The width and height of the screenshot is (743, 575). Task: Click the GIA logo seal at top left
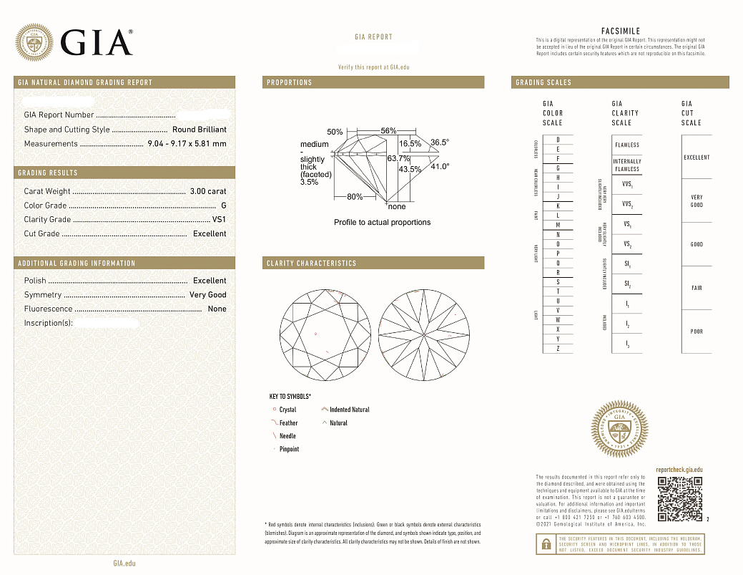pyautogui.click(x=34, y=43)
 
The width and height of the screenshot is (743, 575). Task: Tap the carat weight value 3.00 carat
pyautogui.click(x=207, y=191)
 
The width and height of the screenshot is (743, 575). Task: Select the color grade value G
pyautogui.click(x=223, y=206)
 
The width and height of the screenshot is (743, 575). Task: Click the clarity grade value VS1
pyautogui.click(x=219, y=220)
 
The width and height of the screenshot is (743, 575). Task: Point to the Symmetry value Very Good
pyautogui.click(x=207, y=295)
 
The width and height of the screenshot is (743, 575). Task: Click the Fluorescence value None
pyautogui.click(x=216, y=309)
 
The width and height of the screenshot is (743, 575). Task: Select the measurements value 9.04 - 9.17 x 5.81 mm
pyautogui.click(x=186, y=144)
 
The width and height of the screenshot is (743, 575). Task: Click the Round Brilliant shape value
pyautogui.click(x=199, y=130)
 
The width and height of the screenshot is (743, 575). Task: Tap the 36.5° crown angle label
pyautogui.click(x=440, y=142)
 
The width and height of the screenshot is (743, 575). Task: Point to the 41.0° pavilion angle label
pyautogui.click(x=440, y=167)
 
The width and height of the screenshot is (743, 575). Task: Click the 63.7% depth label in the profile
pyautogui.click(x=398, y=158)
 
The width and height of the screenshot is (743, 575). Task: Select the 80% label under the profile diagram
pyautogui.click(x=355, y=197)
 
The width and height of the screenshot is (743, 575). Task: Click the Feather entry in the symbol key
pyautogui.click(x=288, y=423)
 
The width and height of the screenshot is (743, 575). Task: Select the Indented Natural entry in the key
pyautogui.click(x=349, y=410)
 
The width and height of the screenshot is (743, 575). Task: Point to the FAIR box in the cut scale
pyautogui.click(x=697, y=288)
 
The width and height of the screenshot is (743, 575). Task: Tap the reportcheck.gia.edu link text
pyautogui.click(x=679, y=469)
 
